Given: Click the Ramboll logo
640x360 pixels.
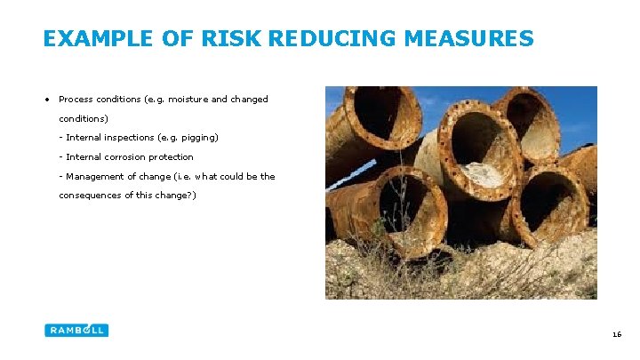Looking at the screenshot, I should pyautogui.click(x=76, y=330).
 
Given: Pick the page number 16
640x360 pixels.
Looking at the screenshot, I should pyautogui.click(x=616, y=334).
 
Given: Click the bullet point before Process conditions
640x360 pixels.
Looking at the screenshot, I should pyautogui.click(x=46, y=100).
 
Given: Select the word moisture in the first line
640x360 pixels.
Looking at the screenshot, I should pyautogui.click(x=185, y=100).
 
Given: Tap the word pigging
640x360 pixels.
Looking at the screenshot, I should pyautogui.click(x=200, y=138).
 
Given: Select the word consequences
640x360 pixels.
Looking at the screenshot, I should pyautogui.click(x=89, y=196).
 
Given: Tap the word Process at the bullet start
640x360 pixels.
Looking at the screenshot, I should pyautogui.click(x=76, y=100).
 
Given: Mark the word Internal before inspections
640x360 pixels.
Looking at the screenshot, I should pyautogui.click(x=83, y=138).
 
